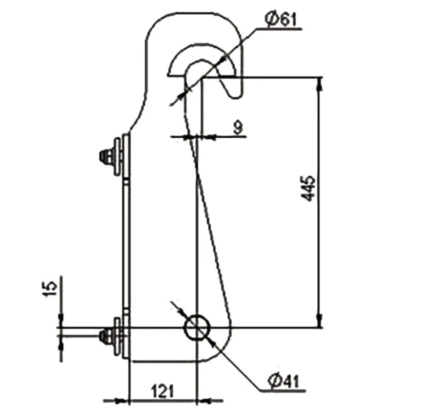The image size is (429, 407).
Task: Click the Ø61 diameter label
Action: coord(281,20)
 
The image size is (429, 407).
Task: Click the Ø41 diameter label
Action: coord(284,381)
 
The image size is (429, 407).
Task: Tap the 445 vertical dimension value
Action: coord(308,189)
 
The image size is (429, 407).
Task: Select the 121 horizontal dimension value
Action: coord(163,391)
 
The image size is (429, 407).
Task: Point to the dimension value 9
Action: coord(238,128)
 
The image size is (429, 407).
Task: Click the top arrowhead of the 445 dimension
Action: coord(319,84)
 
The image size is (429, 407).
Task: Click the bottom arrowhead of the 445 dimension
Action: coord(319,321)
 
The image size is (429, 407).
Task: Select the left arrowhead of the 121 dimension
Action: coord(122,401)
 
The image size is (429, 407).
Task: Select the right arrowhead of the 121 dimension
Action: coord(204,401)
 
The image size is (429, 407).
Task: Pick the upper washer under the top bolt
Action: coord(118,157)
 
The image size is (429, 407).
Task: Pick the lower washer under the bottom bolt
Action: coord(117,336)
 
